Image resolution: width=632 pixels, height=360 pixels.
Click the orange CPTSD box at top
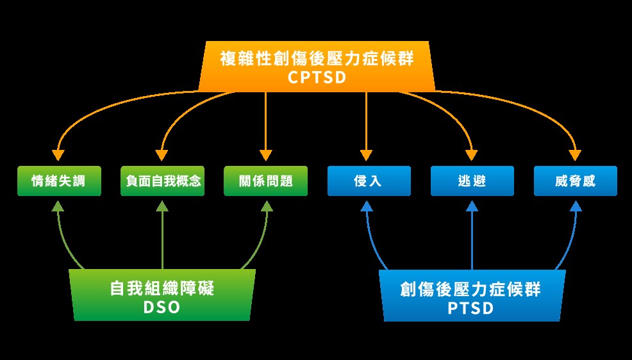(x=317, y=66)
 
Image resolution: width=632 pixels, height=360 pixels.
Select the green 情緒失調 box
(x=59, y=181)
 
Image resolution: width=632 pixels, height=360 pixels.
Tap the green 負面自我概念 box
(x=162, y=181)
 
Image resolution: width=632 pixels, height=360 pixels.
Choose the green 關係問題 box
(x=265, y=181)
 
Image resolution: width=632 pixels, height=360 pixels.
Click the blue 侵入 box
(x=369, y=181)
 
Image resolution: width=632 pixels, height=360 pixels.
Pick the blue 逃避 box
(x=472, y=181)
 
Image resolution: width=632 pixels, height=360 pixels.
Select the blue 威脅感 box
(x=576, y=181)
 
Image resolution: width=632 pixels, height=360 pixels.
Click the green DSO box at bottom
(x=162, y=295)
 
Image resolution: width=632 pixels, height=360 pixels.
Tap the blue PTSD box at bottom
(x=472, y=295)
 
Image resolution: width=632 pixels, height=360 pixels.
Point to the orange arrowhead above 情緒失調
(x=58, y=155)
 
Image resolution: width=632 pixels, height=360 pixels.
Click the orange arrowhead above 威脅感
(x=575, y=155)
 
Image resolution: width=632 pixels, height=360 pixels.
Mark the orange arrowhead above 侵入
(x=366, y=155)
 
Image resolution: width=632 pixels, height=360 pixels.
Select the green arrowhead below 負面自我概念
(x=162, y=206)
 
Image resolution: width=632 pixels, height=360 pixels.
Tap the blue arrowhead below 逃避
(x=472, y=206)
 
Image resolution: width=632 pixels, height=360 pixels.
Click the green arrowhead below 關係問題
(x=267, y=206)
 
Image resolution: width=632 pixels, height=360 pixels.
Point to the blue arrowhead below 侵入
(x=367, y=206)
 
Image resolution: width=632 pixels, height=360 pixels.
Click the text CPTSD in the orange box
(x=317, y=78)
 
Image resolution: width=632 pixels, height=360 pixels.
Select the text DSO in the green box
(x=162, y=307)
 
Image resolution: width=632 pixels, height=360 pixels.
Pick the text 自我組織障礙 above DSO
(x=162, y=288)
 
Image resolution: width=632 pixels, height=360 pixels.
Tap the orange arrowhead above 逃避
(x=471, y=155)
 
